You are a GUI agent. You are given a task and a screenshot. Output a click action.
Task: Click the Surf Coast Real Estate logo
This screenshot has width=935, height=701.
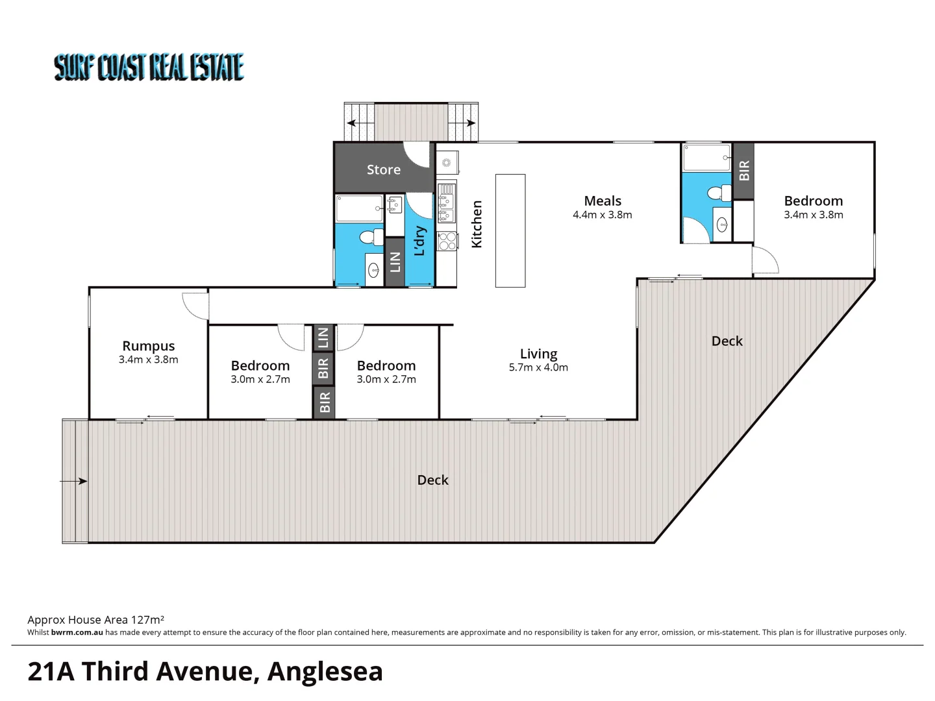(149, 68)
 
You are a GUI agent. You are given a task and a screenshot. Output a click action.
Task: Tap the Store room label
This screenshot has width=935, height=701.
(383, 169)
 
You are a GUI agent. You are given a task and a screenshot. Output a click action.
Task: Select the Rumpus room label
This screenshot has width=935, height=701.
(149, 346)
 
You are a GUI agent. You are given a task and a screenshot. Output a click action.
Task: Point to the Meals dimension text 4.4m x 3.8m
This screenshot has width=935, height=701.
(602, 215)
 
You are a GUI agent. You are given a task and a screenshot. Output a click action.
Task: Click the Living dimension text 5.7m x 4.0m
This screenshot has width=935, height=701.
(538, 367)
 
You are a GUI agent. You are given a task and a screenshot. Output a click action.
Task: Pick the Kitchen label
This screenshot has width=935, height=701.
(477, 224)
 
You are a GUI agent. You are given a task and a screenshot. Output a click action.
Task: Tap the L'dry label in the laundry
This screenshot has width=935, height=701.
(420, 241)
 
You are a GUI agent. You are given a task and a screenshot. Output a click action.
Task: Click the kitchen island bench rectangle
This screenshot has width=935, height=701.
(510, 230)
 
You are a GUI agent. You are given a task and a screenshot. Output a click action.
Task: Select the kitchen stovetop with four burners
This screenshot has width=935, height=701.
(447, 241)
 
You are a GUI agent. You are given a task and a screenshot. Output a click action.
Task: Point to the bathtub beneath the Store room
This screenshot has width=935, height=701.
(359, 208)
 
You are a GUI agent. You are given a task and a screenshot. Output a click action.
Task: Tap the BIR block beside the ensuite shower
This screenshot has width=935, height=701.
(744, 171)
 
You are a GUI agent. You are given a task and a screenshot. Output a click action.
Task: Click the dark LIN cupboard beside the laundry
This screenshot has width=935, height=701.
(395, 262)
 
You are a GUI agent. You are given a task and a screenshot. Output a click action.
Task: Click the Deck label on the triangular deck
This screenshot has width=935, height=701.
(727, 341)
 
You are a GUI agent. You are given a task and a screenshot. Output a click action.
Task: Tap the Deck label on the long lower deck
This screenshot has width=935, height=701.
(432, 480)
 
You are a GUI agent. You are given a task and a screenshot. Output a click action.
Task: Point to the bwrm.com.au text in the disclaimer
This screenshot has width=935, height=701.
(77, 632)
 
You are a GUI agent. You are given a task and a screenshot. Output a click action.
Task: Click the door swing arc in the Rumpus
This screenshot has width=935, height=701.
(193, 304)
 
